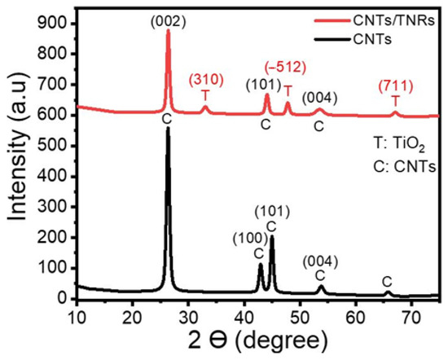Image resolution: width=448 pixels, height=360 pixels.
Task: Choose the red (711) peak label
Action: [396, 86]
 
